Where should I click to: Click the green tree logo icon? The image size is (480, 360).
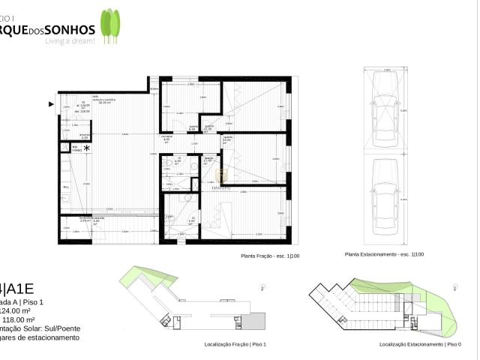pos(110,25)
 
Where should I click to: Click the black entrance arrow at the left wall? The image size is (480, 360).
pos(51,103)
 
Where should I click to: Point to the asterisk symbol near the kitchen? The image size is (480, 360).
pos(87,147)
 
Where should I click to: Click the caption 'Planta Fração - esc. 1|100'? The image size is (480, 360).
pos(270,256)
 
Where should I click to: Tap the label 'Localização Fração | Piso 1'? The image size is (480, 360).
pos(235,344)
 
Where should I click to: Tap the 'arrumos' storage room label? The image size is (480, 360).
pos(85,136)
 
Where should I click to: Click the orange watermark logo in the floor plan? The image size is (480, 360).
pos(221,175)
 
